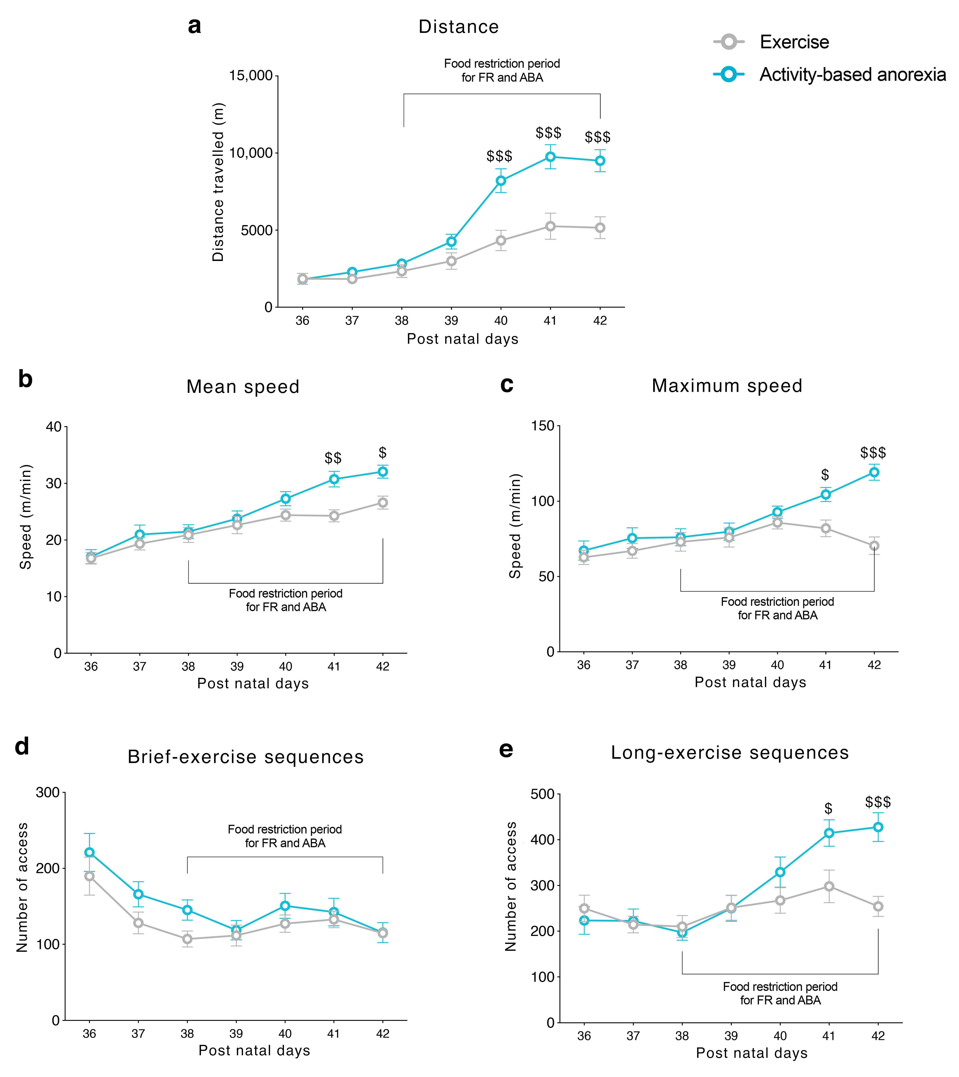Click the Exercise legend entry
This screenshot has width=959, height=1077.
[794, 42]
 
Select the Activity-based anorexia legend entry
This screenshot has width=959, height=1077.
[852, 75]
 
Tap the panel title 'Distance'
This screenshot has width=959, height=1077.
[458, 27]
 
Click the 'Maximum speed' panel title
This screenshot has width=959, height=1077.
[727, 386]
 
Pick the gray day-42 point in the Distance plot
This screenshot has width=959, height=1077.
[600, 228]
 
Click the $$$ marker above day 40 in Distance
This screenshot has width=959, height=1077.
[499, 156]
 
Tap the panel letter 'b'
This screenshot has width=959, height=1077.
[25, 379]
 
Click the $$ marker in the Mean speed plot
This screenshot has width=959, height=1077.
[333, 457]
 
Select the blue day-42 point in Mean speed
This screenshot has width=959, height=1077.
[383, 472]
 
